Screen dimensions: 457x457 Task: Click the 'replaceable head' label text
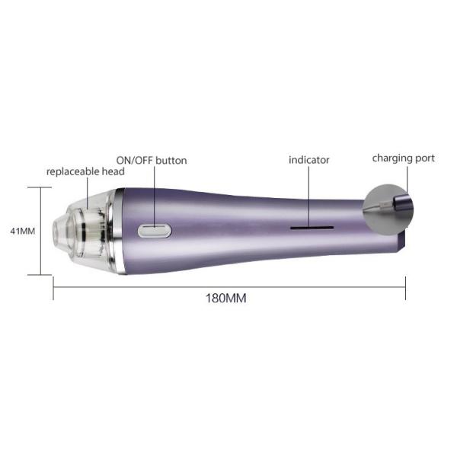point(85,172)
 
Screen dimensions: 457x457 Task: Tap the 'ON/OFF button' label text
point(151,161)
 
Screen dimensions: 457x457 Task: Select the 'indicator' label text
point(308,160)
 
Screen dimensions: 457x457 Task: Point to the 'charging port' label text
point(403,158)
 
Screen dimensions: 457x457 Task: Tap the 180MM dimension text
point(227,297)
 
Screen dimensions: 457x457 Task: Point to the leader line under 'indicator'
point(309,194)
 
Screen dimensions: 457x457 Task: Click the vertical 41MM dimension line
point(40,231)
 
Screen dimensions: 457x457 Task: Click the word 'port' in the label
point(423,158)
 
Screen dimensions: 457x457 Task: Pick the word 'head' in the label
point(112,172)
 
